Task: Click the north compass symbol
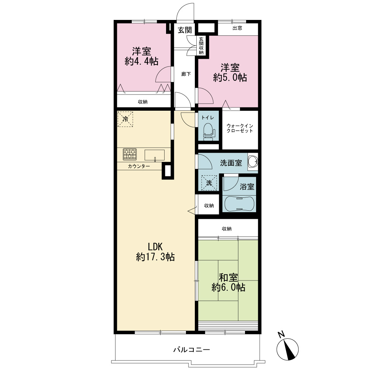(287, 349)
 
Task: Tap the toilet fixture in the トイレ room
(208, 132)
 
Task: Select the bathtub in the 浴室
(239, 204)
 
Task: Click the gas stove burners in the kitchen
(130, 154)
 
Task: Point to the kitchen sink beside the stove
(154, 155)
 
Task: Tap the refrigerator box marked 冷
(125, 119)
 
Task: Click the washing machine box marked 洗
(209, 183)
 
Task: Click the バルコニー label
(192, 350)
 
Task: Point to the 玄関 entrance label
(185, 30)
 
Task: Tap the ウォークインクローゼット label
(240, 128)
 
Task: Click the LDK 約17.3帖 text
(155, 252)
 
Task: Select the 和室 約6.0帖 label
(228, 282)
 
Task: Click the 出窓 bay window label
(237, 28)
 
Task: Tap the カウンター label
(139, 166)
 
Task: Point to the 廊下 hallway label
(186, 74)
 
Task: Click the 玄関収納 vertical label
(201, 46)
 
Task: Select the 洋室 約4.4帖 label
(141, 56)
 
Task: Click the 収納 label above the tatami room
(227, 229)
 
